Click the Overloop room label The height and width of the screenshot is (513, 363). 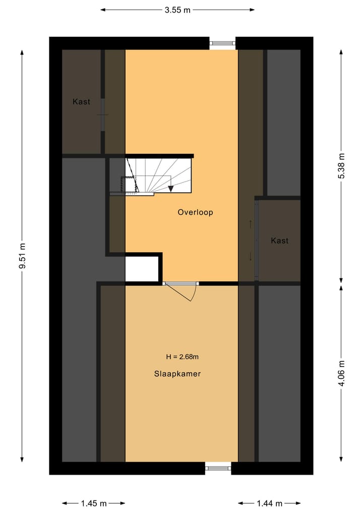tap(195, 212)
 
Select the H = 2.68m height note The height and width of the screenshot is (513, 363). tap(182, 357)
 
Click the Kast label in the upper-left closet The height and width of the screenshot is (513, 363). tap(81, 102)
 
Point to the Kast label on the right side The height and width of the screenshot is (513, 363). tap(279, 241)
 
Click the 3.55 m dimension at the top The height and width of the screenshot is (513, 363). tap(177, 10)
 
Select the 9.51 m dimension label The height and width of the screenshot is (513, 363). tap(22, 256)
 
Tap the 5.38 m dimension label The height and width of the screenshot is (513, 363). tap(341, 165)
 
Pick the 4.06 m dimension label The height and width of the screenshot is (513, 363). tap(341, 374)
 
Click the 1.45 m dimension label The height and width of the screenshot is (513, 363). tap(94, 503)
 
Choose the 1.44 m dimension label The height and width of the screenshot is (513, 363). tap(269, 503)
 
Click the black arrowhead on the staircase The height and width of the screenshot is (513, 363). tap(171, 188)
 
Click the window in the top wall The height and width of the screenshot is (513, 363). tap(222, 43)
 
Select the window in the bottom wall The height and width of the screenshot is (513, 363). tap(218, 468)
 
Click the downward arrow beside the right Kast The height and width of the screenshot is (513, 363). tap(251, 256)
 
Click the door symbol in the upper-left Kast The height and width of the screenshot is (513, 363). tap(103, 115)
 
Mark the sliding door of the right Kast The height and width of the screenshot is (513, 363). tap(257, 240)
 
